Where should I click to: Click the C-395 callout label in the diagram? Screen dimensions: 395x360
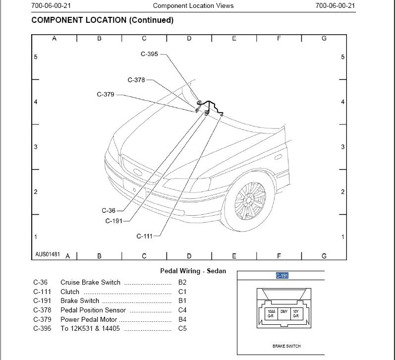[x=149, y=54]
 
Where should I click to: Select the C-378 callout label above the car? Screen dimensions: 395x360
[x=136, y=80]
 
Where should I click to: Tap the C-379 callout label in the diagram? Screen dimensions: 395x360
[x=106, y=94]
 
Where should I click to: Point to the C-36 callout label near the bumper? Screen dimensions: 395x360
[x=109, y=211]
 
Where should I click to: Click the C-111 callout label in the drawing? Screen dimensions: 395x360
[x=145, y=236]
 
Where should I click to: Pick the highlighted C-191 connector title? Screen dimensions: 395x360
[x=282, y=276]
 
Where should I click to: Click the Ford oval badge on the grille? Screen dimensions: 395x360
[x=138, y=173]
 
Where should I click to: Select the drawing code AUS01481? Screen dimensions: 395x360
[x=48, y=254]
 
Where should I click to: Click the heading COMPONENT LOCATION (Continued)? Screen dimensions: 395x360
[x=103, y=20]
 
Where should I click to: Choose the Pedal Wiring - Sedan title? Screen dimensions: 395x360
[x=193, y=271]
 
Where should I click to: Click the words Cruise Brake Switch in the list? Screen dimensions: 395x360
[x=90, y=282]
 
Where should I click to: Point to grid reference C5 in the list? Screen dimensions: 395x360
[x=182, y=328]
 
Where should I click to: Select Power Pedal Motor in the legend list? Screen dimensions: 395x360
[x=89, y=319]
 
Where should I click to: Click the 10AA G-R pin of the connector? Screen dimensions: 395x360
[x=271, y=313]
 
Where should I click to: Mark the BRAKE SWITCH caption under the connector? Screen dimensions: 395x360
[x=286, y=346]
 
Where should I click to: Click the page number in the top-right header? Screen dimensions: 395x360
[x=336, y=5]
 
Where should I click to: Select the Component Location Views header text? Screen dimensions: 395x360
[x=193, y=5]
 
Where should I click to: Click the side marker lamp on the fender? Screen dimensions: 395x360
[x=278, y=157]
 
